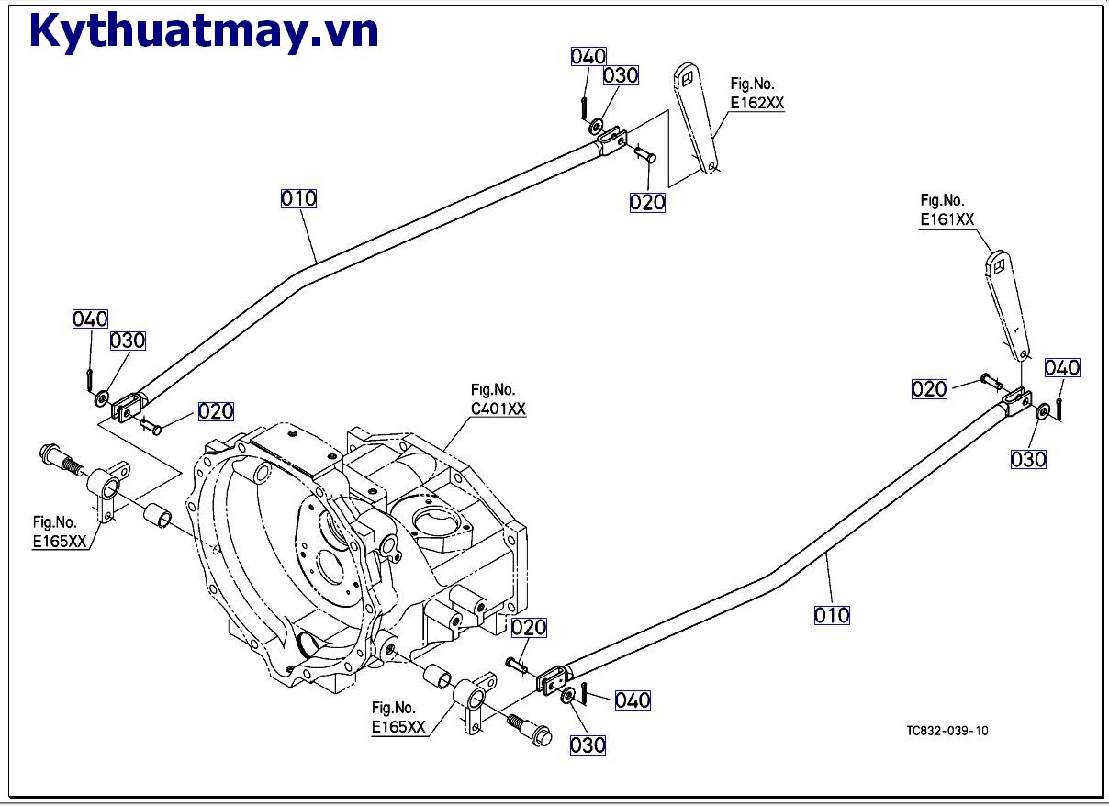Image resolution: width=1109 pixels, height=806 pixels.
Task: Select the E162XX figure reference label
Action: [757, 104]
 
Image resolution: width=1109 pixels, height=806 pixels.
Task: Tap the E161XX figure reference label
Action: [947, 219]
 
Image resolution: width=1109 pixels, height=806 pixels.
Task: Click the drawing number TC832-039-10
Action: [947, 731]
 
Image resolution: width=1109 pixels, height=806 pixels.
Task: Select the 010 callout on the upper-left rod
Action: [298, 198]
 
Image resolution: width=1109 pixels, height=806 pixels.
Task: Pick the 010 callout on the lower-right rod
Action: [832, 615]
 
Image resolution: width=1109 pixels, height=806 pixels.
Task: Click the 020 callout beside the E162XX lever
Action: [647, 202]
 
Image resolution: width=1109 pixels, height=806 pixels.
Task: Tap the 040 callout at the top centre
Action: [588, 57]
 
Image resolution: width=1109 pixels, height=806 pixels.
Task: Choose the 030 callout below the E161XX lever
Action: [1028, 459]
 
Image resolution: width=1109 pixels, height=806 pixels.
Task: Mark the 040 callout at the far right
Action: [1062, 368]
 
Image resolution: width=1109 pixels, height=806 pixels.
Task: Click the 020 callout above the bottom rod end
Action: [529, 628]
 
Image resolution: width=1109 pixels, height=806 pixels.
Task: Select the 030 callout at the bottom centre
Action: [588, 744]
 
